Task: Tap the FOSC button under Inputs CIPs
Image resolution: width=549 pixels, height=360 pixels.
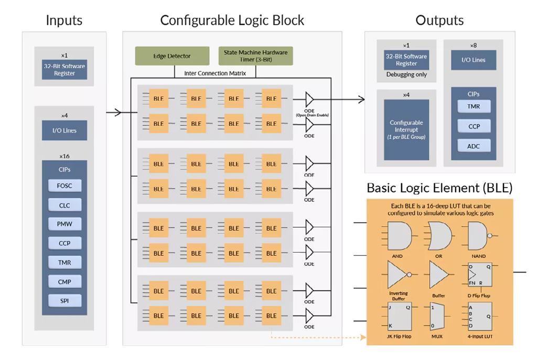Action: tap(64, 186)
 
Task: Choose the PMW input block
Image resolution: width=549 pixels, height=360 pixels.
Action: tap(64, 224)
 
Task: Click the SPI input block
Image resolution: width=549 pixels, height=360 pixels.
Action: tap(64, 300)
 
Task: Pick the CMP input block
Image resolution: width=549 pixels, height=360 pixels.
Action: tap(64, 281)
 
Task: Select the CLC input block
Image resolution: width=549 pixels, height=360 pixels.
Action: tap(64, 205)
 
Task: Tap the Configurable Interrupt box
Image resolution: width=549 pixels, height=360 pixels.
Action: tap(406, 129)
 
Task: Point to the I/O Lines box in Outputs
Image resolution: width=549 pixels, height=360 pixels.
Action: tap(473, 60)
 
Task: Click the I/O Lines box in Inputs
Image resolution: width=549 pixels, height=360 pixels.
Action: tap(64, 130)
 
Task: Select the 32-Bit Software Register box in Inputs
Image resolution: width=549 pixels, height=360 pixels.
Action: tap(64, 70)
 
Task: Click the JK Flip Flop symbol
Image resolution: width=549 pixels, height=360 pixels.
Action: tap(399, 316)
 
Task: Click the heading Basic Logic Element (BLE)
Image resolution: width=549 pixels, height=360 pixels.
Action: tap(439, 188)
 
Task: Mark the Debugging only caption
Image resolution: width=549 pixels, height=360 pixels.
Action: tap(406, 75)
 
